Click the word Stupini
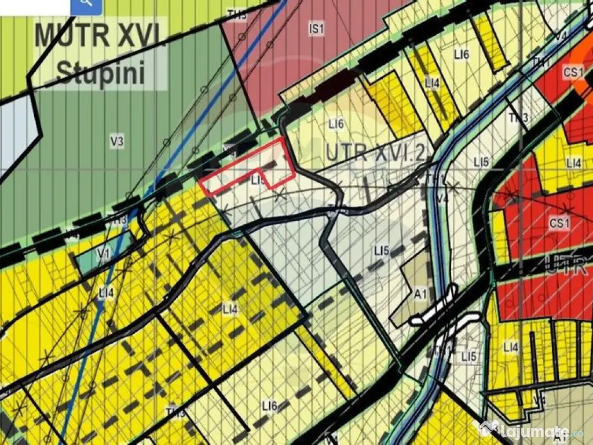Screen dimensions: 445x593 click(x=100, y=74)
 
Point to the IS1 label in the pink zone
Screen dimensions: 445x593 click(x=316, y=29)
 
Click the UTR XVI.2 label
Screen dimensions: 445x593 click(x=376, y=152)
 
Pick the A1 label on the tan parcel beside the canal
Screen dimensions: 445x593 click(x=421, y=294)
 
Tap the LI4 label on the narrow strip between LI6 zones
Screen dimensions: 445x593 click(x=433, y=83)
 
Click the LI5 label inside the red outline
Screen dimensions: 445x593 click(x=258, y=181)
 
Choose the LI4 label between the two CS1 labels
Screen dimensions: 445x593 click(x=573, y=163)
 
